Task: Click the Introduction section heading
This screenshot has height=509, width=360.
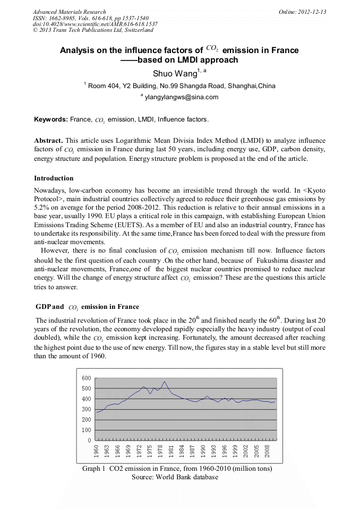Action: pyautogui.click(x=54, y=178)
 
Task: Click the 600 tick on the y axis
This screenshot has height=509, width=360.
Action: pyautogui.click(x=87, y=378)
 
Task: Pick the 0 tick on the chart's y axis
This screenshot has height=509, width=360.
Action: pyautogui.click(x=90, y=440)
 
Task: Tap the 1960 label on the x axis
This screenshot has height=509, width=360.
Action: pyautogui.click(x=97, y=451)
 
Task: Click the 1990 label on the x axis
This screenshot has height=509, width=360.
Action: pyautogui.click(x=203, y=451)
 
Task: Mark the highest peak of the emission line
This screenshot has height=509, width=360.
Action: pyautogui.click(x=165, y=381)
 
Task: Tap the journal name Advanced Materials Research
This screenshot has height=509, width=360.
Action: pyautogui.click(x=70, y=12)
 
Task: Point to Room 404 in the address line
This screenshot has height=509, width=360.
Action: pyautogui.click(x=105, y=85)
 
